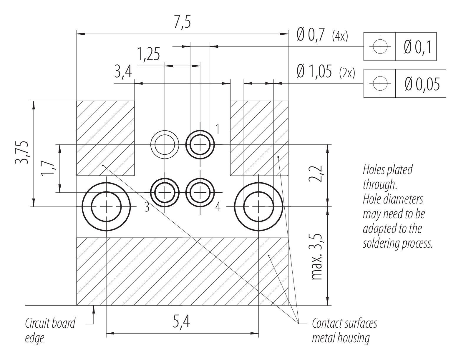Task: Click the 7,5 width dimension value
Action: (x=182, y=23)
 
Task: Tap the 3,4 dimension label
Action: (x=123, y=72)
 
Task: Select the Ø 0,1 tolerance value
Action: (x=418, y=47)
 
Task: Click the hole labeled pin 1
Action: (x=200, y=145)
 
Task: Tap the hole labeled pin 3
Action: (x=165, y=193)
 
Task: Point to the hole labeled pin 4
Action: (x=200, y=193)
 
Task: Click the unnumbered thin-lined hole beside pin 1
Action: (x=165, y=145)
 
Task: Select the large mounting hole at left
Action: (x=106, y=207)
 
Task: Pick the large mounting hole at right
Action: (x=258, y=207)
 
